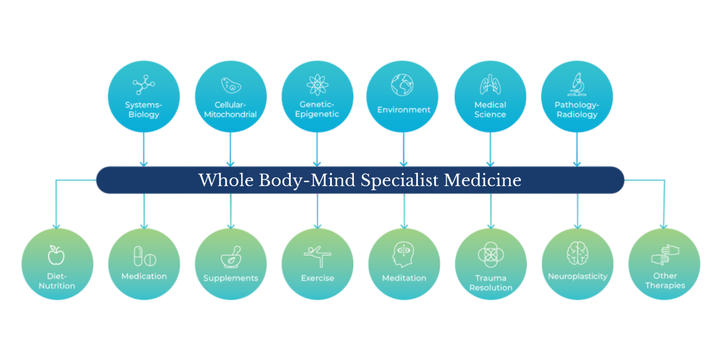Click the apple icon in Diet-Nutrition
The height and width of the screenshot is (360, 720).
[x=56, y=255]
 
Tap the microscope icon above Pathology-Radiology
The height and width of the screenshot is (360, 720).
[x=577, y=84]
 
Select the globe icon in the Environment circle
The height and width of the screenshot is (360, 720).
[x=403, y=84]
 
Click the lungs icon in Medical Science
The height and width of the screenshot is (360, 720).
[x=490, y=84]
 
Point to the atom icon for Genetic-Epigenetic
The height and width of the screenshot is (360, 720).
[x=317, y=84]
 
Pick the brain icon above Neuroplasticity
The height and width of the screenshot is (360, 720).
[x=578, y=253]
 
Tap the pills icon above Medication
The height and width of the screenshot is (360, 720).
[x=144, y=256]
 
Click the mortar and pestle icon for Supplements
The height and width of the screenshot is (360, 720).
[x=231, y=257]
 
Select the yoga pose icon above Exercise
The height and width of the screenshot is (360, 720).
[x=317, y=256]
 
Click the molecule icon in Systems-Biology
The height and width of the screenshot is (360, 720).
[x=143, y=85]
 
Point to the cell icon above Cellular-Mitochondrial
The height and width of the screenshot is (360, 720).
[x=231, y=85]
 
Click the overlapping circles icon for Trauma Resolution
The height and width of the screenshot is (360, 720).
[x=490, y=254]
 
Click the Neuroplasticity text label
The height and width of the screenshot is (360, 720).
[x=578, y=276]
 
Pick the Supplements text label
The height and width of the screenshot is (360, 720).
[x=231, y=278]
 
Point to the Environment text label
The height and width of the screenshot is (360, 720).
[x=404, y=110]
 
